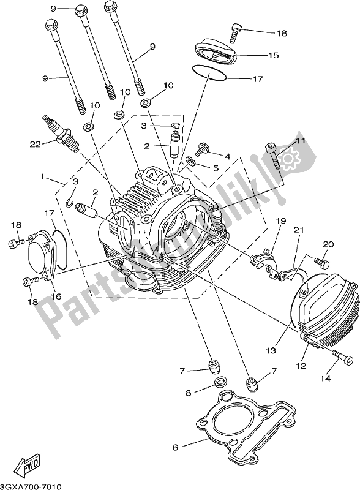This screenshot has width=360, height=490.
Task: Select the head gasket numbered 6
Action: tap(246, 422)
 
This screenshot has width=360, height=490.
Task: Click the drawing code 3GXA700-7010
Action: tap(34, 484)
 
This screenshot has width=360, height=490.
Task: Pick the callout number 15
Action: tap(272, 55)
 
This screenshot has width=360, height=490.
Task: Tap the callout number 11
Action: tap(299, 141)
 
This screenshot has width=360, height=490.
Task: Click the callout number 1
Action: tap(43, 178)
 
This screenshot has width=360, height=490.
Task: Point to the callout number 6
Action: tap(175, 448)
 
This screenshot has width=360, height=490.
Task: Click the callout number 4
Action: tap(227, 157)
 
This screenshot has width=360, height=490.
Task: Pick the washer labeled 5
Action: tap(192, 161)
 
